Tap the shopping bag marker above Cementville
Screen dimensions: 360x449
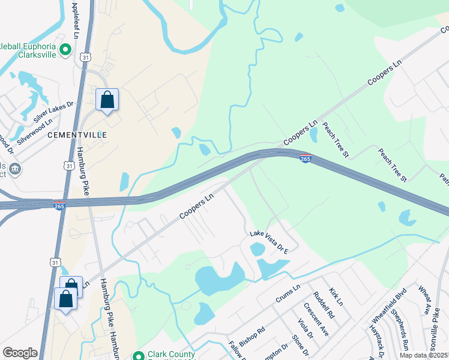tap(107, 100)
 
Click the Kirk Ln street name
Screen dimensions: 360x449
tap(336, 295)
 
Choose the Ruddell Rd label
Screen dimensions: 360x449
tap(324, 305)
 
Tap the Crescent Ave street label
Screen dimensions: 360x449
tap(316, 319)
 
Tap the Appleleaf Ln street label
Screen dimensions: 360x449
tap(75, 20)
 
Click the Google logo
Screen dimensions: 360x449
tap(20, 353)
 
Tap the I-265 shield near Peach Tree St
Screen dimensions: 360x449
tap(305, 159)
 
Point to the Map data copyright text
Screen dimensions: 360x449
tap(424, 355)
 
